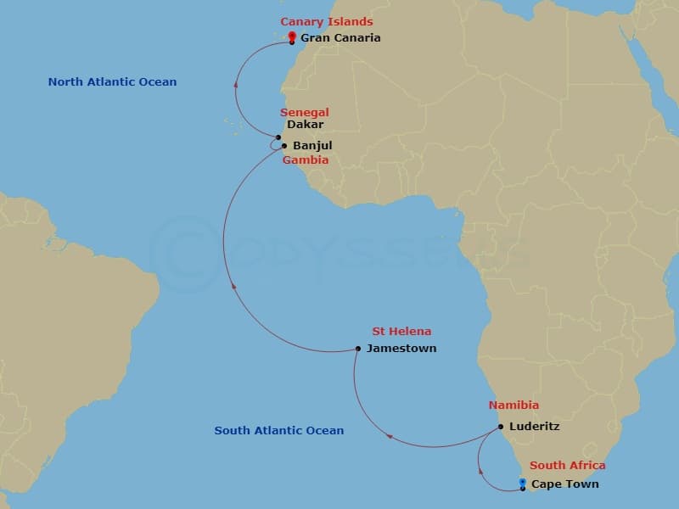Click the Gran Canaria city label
[340, 38]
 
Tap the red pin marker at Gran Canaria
[292, 36]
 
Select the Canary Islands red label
[327, 22]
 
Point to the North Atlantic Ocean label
[112, 82]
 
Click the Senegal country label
[305, 113]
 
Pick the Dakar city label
[305, 125]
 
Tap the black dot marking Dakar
[278, 137]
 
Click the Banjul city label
[312, 146]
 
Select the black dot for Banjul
[284, 145]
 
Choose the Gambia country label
[305, 159]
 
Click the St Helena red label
[401, 332]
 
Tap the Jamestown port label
[401, 349]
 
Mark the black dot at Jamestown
[358, 349]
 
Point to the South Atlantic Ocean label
[279, 431]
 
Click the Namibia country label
[513, 406]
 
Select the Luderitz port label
[534, 427]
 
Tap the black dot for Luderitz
[501, 427]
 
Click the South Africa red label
[568, 466]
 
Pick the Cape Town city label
[565, 484]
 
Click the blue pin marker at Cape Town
[522, 483]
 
